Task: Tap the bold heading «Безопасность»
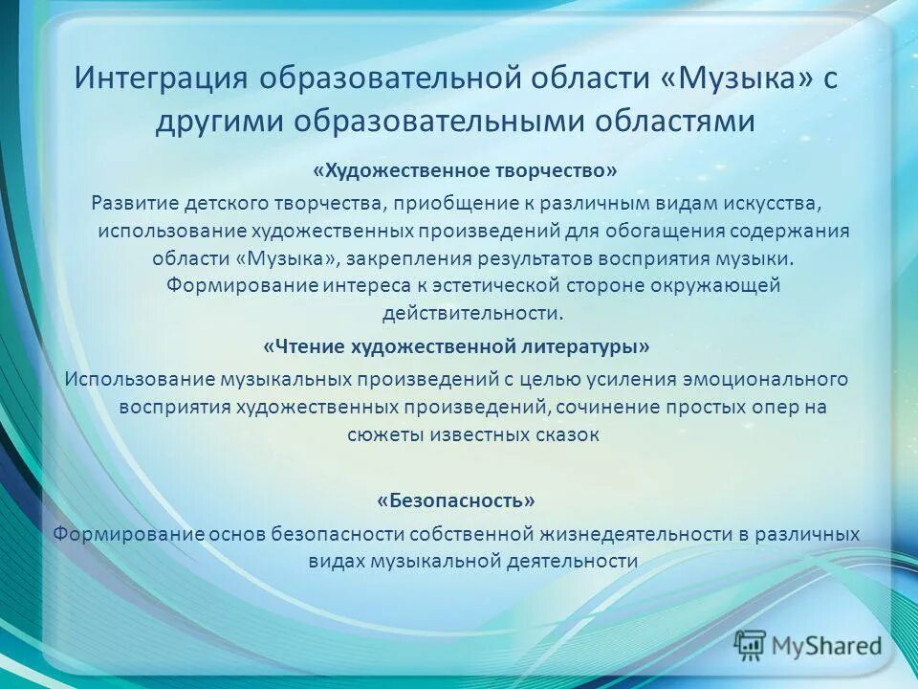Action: (x=456, y=500)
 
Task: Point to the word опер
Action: (x=771, y=406)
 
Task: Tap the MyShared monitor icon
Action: (x=751, y=644)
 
